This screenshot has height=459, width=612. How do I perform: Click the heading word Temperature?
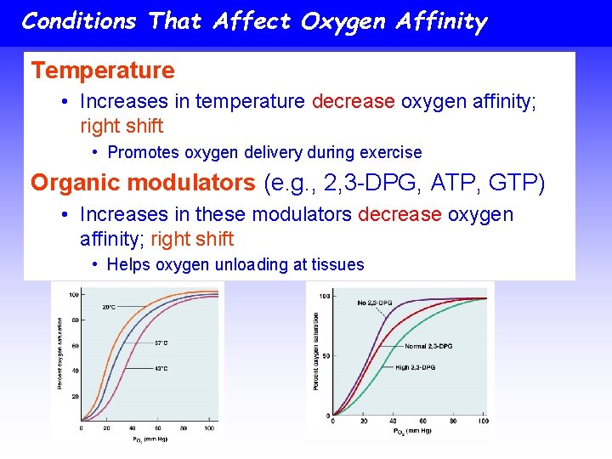(102, 71)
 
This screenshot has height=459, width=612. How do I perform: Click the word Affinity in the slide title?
(436, 21)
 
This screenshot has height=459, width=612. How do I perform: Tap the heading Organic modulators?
(143, 182)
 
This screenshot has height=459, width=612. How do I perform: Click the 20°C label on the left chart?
(110, 307)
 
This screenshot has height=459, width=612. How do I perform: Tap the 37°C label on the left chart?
(161, 343)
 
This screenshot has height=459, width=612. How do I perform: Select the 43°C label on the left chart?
(161, 368)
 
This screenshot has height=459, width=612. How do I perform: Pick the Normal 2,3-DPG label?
(428, 347)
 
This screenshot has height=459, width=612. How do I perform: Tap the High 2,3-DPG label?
(415, 367)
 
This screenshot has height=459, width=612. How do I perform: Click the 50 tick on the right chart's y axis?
(325, 355)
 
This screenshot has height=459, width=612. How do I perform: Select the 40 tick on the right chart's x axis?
(393, 422)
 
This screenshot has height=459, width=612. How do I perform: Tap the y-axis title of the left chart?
(59, 354)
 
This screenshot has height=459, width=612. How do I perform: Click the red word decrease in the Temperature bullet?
(353, 102)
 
